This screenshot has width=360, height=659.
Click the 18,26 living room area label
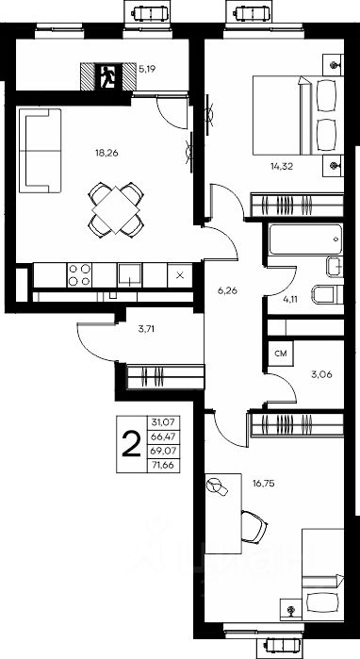[x=106, y=153]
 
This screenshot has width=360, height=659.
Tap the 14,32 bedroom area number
[x=282, y=167]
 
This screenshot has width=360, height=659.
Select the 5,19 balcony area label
[x=147, y=69]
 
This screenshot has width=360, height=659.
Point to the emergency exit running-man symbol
[x=108, y=76]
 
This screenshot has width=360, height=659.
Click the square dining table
[x=116, y=209]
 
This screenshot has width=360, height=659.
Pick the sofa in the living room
[x=41, y=151]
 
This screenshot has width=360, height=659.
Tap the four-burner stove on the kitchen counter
[x=79, y=275]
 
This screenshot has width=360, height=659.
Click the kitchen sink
[x=129, y=275]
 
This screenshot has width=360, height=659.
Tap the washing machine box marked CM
[x=281, y=354]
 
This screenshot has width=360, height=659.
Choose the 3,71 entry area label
[x=146, y=329]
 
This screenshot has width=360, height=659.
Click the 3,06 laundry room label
[x=322, y=375]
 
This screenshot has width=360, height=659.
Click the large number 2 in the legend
[x=131, y=444]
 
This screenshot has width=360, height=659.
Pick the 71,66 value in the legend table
[x=163, y=466]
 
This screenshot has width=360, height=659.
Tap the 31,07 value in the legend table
[x=163, y=421]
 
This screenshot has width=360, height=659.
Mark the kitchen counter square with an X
[x=180, y=275]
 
